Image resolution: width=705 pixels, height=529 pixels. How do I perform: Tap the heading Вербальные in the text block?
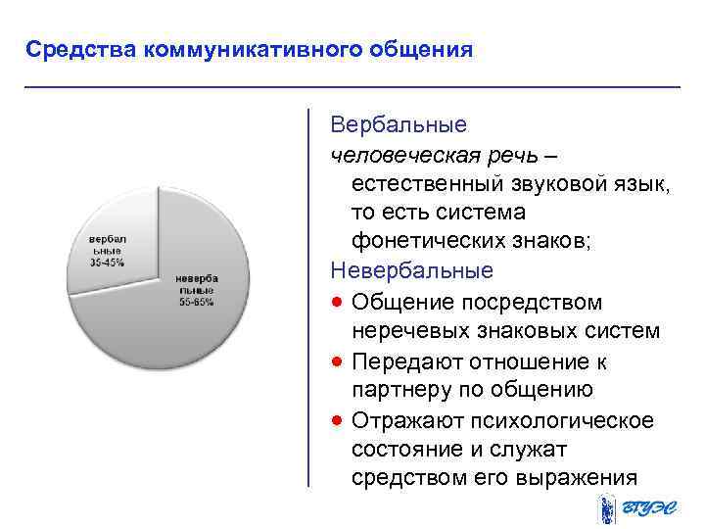pos(399,125)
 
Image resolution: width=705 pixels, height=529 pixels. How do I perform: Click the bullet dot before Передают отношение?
pos(337,361)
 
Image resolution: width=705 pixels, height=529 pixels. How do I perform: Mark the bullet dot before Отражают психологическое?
pos(337,420)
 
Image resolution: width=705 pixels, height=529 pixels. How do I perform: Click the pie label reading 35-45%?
pos(108,262)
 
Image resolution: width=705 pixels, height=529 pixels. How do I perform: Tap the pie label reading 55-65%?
pos(196,302)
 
